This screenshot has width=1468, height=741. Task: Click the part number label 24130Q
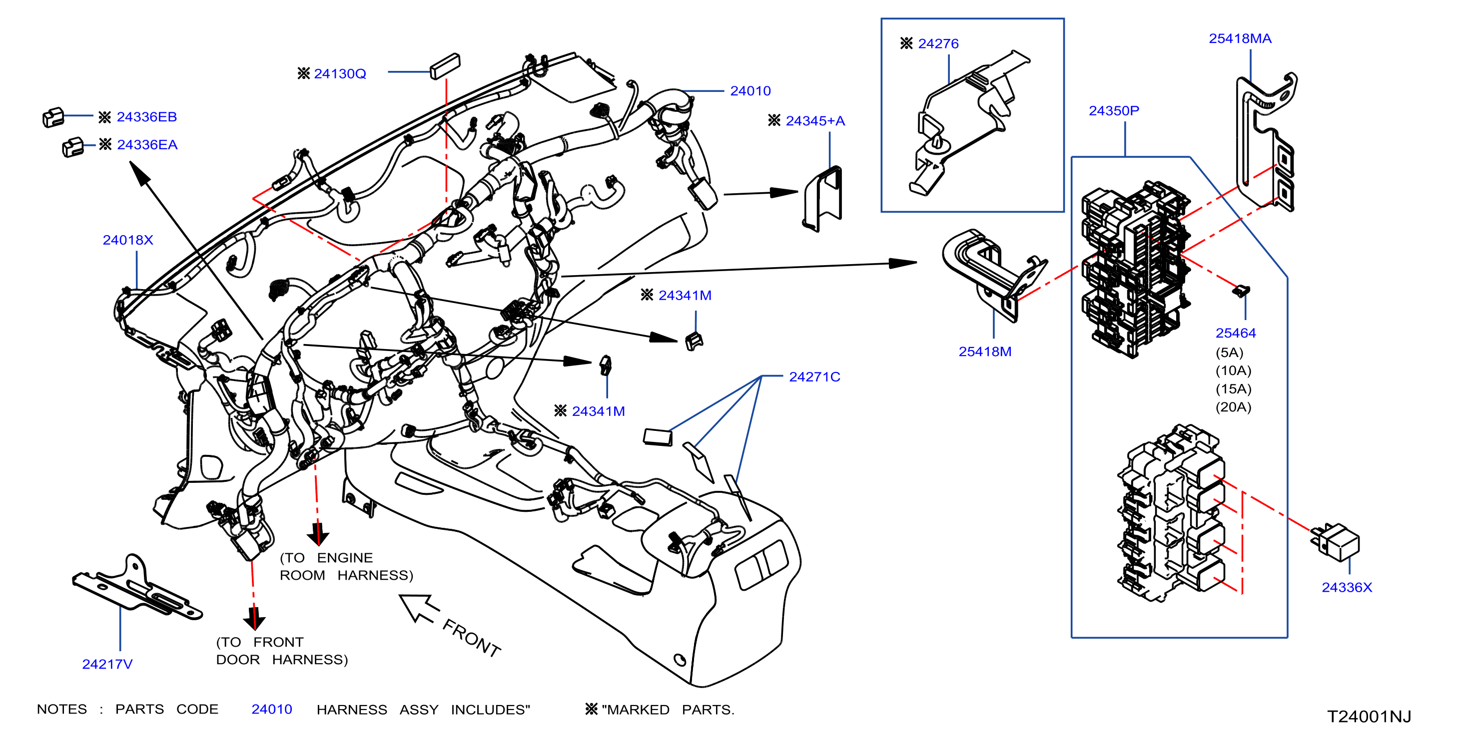click(x=340, y=74)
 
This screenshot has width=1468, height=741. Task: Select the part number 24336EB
click(x=146, y=117)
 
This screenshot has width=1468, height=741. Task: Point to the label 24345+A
click(x=815, y=121)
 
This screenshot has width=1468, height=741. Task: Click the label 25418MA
click(x=1240, y=38)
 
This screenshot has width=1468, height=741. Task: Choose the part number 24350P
click(x=1114, y=110)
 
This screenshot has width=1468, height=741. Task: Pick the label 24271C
click(x=814, y=376)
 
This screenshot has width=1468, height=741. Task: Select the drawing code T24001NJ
click(x=1369, y=717)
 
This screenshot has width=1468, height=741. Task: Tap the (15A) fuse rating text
click(x=1233, y=389)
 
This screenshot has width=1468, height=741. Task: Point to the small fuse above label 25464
click(x=1241, y=291)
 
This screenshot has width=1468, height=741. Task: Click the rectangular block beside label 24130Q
click(x=445, y=66)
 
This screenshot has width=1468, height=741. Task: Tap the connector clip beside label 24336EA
click(x=73, y=147)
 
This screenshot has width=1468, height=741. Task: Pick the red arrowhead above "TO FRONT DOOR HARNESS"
click(x=254, y=619)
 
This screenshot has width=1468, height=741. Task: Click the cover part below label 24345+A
click(x=822, y=199)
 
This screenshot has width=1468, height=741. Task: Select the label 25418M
click(x=985, y=352)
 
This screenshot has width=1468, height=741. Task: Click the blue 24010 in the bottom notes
click(x=272, y=709)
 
